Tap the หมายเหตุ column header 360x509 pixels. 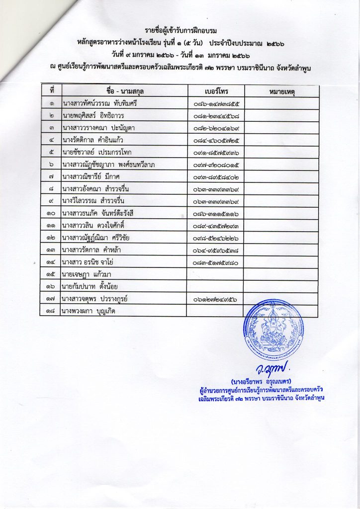tap(280, 91)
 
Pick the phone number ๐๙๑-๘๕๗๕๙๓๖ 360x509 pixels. tap(216, 152)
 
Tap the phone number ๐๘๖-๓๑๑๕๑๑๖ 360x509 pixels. tap(216, 213)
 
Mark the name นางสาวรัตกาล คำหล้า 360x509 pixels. tap(96, 250)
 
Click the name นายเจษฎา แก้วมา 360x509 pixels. tap(88, 274)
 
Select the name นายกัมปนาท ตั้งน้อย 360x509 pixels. tap(90, 286)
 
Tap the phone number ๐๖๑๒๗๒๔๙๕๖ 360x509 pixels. tap(216, 299)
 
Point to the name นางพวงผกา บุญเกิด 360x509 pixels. tap(90, 311)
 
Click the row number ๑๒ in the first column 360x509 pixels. tap(52, 238)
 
